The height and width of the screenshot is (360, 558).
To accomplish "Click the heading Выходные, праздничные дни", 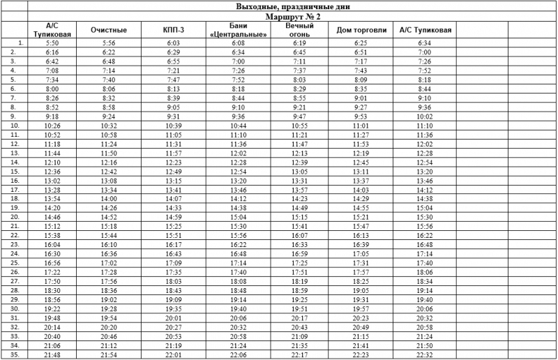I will [x=293, y=6].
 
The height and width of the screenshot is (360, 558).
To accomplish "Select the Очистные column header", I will [x=108, y=30].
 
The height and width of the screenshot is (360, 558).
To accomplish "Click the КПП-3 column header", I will [x=174, y=30].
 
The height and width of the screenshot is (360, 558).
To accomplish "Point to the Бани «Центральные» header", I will [x=238, y=30].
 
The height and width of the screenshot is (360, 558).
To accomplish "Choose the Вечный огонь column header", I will [x=300, y=30].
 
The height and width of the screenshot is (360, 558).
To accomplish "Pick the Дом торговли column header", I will [x=361, y=30].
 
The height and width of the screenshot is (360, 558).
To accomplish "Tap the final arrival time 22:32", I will [x=425, y=354].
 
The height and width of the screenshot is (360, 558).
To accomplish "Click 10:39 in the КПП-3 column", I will [x=174, y=126].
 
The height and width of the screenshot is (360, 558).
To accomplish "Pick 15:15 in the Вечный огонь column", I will [x=300, y=217].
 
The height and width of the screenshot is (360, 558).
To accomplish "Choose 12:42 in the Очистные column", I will [x=108, y=172].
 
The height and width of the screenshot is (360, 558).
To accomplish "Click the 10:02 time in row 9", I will [x=425, y=117].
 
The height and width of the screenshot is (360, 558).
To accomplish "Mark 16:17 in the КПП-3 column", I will [x=174, y=245].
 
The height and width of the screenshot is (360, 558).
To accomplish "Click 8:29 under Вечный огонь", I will [x=300, y=89].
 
